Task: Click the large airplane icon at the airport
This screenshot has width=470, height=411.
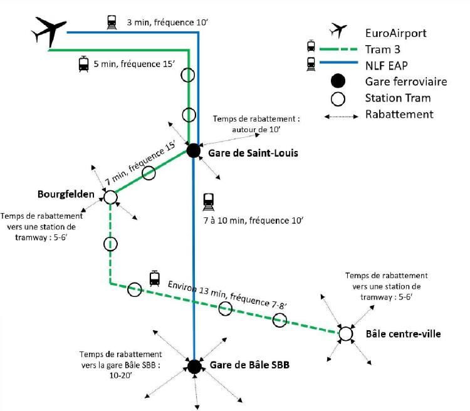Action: [48, 30]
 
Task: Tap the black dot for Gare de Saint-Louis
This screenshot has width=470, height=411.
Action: [194, 150]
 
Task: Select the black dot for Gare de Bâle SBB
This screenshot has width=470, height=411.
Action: [194, 367]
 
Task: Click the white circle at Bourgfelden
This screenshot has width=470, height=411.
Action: [111, 197]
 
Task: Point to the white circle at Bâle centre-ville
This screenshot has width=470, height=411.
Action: [345, 334]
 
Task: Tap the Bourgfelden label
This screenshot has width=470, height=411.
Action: [66, 194]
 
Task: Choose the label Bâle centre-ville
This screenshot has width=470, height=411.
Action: [403, 334]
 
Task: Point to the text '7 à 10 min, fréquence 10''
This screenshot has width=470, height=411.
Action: [254, 221]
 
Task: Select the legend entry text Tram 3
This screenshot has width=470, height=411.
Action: [383, 48]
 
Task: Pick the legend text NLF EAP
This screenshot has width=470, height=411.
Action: [386, 64]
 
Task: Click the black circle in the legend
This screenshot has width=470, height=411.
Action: [338, 81]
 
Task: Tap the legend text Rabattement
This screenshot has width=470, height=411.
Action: [399, 114]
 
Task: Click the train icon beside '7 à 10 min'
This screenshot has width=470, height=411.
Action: [209, 201]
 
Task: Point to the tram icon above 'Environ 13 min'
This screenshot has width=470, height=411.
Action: [154, 278]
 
